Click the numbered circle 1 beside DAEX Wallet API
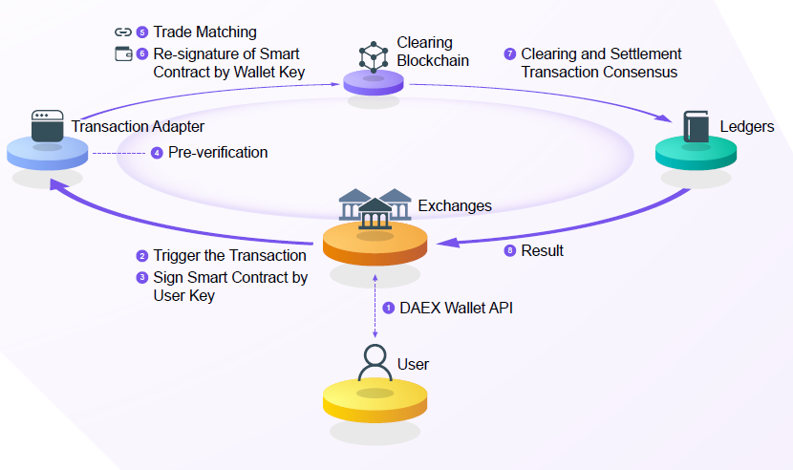[389, 308]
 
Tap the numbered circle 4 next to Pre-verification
[157, 153]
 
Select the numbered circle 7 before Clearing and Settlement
[509, 54]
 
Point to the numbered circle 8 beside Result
[509, 251]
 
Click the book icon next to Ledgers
[696, 127]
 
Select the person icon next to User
[374, 362]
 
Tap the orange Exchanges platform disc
[375, 245]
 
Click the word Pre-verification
[218, 153]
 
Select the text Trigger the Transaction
[229, 256]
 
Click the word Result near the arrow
[542, 251]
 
